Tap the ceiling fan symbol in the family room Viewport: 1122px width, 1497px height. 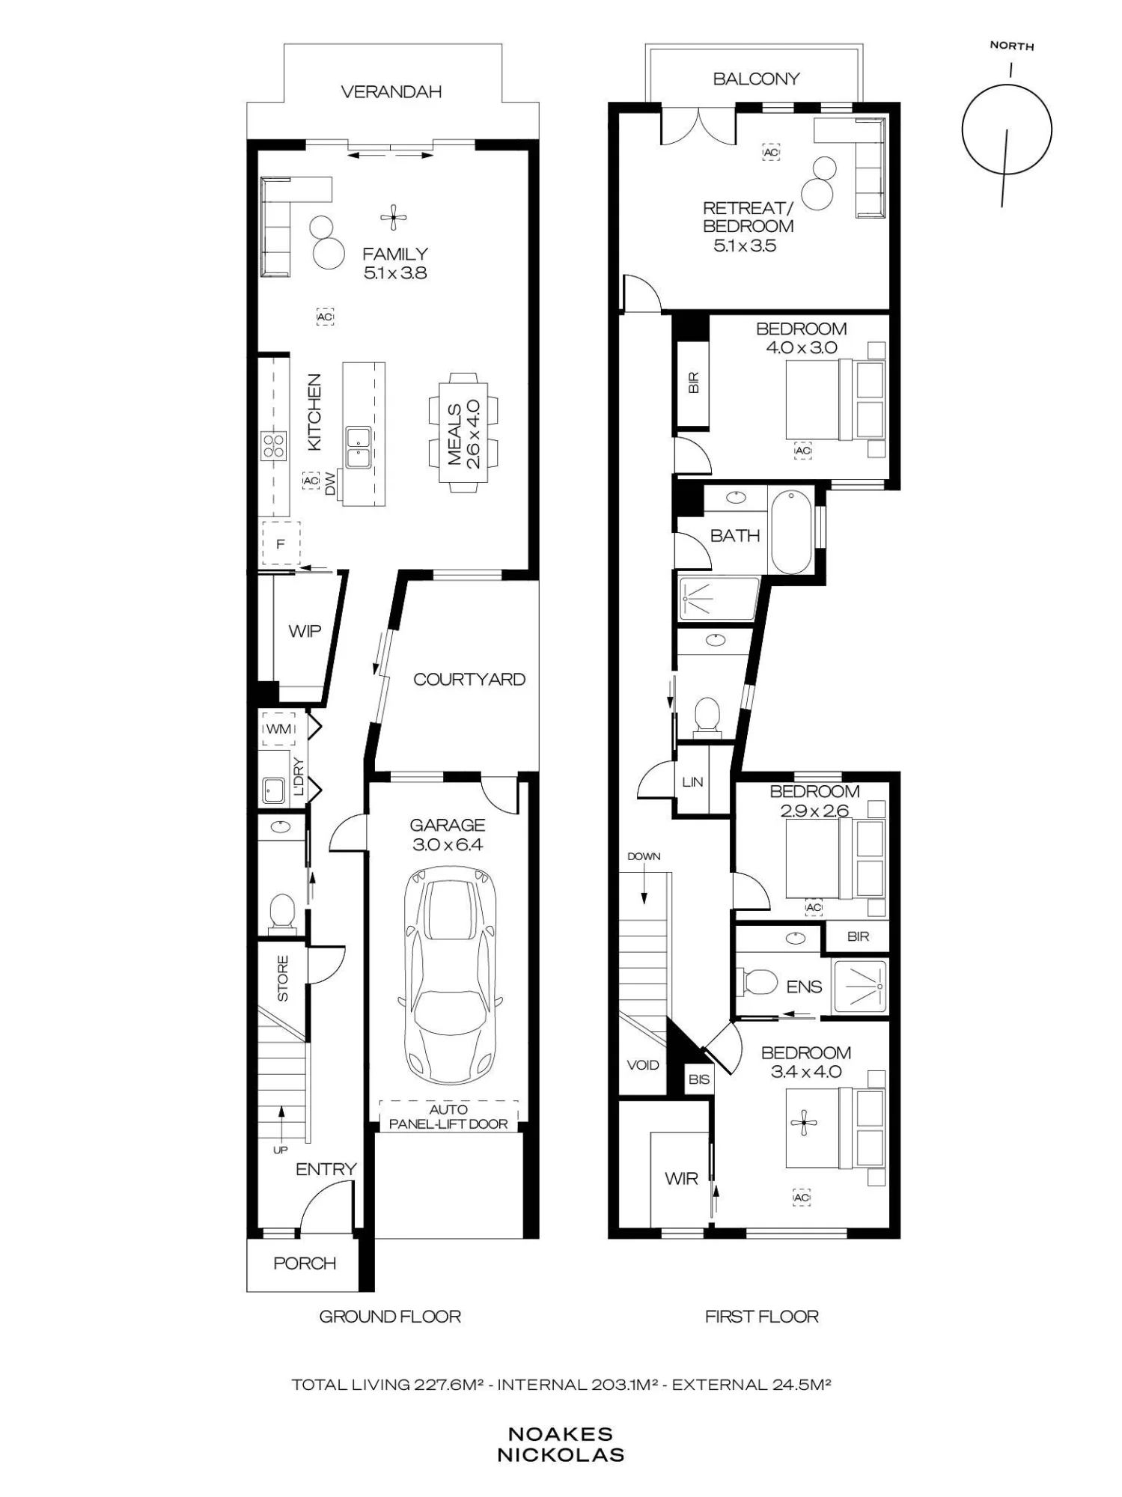[x=393, y=218]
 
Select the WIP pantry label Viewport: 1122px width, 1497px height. [x=305, y=631]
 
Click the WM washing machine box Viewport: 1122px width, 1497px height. [x=278, y=729]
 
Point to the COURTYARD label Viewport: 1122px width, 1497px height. [x=469, y=680]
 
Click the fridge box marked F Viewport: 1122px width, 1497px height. [x=281, y=543]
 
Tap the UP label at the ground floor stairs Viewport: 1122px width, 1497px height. [x=280, y=1150]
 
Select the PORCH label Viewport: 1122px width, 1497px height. [x=305, y=1263]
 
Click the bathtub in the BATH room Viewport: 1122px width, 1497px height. [x=791, y=531]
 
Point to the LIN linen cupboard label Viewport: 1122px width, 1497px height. [x=692, y=782]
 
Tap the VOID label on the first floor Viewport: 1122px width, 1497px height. [x=642, y=1065]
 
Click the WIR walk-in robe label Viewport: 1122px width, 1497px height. [x=681, y=1178]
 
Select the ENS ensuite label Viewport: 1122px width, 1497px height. [x=804, y=987]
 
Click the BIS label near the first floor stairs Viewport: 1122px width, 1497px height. [x=699, y=1079]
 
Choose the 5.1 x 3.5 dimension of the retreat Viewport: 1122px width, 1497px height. [x=745, y=246]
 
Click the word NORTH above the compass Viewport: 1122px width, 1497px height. [x=1012, y=46]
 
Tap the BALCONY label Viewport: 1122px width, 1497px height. [x=756, y=79]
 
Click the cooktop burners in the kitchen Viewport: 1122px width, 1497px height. [x=273, y=446]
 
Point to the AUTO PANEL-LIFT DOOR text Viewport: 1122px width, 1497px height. [x=448, y=1117]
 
